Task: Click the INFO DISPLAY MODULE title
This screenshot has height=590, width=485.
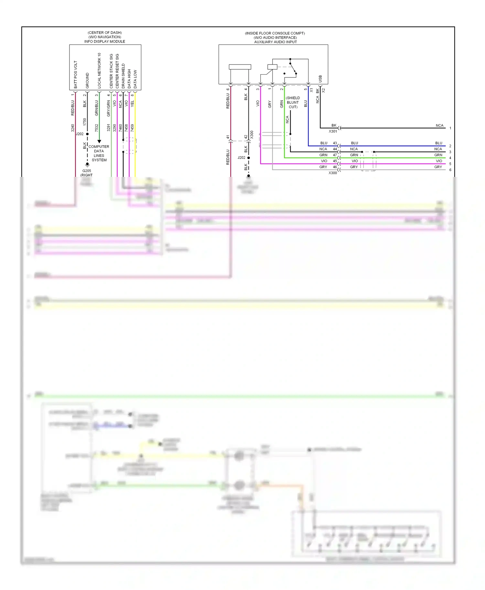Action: tap(105, 42)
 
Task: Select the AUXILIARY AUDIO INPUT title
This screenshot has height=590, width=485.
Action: tap(275, 42)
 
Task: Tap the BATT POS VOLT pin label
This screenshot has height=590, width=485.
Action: tap(76, 75)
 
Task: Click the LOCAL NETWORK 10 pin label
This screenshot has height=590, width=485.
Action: tap(99, 71)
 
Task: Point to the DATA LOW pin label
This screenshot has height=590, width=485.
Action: tap(135, 79)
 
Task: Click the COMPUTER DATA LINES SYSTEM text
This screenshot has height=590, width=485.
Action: tap(99, 153)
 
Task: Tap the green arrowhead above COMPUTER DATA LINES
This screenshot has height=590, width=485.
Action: tap(99, 141)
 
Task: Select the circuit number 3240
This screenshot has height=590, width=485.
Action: tap(73, 128)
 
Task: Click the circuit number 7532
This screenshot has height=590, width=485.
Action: tap(96, 128)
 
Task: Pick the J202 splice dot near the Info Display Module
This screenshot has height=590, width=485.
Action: tap(87, 134)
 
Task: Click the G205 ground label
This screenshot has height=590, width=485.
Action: tap(87, 171)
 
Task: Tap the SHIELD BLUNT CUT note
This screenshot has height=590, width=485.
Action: tap(293, 102)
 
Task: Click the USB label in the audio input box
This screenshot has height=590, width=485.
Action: tap(320, 79)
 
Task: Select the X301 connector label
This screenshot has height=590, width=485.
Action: tap(333, 131)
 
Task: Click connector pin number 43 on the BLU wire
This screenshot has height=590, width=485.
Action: tap(335, 143)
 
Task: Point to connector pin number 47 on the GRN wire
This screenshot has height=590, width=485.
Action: tap(335, 155)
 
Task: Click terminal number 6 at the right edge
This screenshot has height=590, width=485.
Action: tap(450, 170)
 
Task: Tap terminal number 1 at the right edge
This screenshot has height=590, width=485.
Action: tap(450, 128)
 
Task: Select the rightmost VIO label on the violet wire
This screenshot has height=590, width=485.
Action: tap(439, 161)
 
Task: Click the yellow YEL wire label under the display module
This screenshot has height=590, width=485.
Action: tap(132, 104)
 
